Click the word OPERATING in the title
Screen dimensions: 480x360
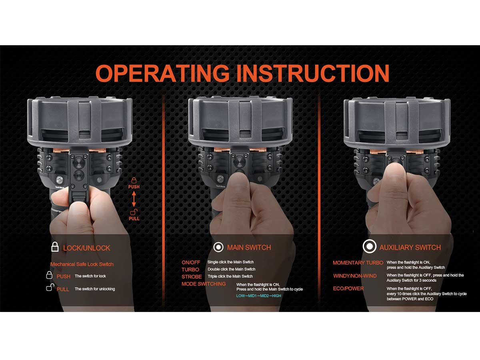point(162,73)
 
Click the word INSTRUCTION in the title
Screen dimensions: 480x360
point(313,73)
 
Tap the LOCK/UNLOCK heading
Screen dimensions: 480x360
point(86,248)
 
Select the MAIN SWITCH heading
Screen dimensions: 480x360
point(249,248)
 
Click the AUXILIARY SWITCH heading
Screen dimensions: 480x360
point(410,248)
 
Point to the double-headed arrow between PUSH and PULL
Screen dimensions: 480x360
point(134,199)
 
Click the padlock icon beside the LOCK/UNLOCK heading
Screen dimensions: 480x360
point(55,247)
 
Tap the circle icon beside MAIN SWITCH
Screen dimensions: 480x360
point(218,247)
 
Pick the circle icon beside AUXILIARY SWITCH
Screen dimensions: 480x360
point(370,246)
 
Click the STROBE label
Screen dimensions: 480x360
point(192,277)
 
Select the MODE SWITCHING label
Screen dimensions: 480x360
point(204,284)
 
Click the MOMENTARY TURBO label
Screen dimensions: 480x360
point(358,263)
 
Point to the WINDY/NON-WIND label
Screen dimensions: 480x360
point(355,276)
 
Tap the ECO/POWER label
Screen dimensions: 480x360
point(348,288)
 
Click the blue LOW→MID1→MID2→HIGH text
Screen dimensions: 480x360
point(259,296)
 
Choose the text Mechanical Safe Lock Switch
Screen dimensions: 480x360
point(82,264)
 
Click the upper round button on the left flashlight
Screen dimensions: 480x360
point(79,163)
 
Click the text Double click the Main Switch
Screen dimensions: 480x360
point(231,269)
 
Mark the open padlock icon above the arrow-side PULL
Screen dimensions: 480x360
point(134,212)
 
